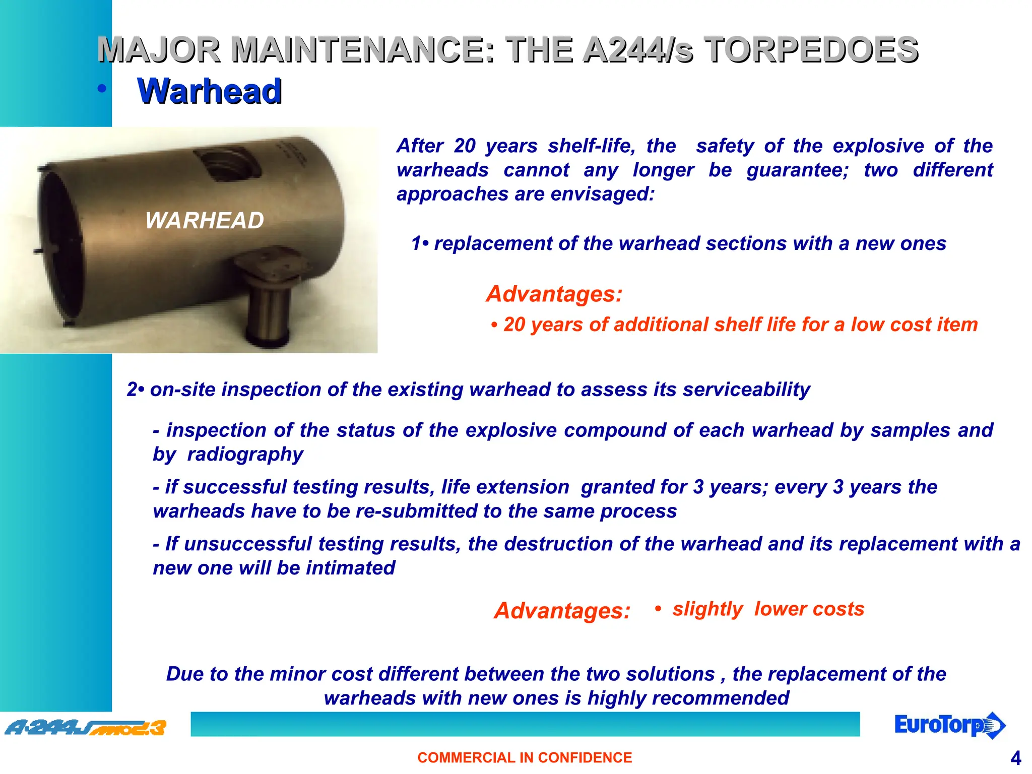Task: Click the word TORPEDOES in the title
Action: (811, 50)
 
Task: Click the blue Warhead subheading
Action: (209, 91)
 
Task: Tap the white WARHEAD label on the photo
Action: (204, 220)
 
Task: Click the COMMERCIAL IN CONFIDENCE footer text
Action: (525, 757)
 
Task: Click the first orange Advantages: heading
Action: (554, 294)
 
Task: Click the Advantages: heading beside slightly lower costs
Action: (562, 610)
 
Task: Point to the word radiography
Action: (245, 454)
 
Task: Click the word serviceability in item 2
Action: (746, 390)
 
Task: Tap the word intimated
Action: (351, 568)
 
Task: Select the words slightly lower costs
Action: (768, 609)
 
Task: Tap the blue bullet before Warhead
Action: (102, 89)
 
